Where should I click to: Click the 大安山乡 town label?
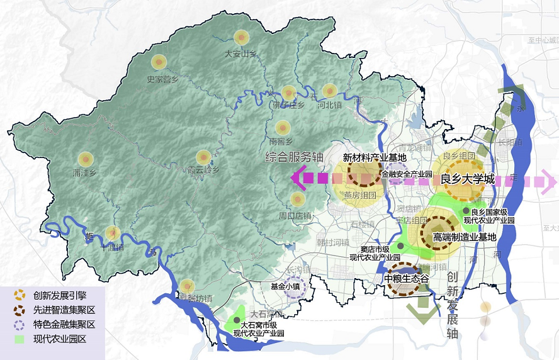pos(240,54)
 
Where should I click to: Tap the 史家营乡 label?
pos(162,79)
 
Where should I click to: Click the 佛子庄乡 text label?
pos(289,105)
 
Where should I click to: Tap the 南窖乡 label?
pos(281,142)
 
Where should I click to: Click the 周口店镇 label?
pos(295,216)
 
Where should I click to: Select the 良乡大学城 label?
pos(467,178)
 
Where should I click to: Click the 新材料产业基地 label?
pos(365,157)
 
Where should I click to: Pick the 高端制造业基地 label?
pos(465,237)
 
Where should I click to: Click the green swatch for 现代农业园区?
pos(20,340)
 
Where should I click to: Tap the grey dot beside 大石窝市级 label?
pos(236,320)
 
